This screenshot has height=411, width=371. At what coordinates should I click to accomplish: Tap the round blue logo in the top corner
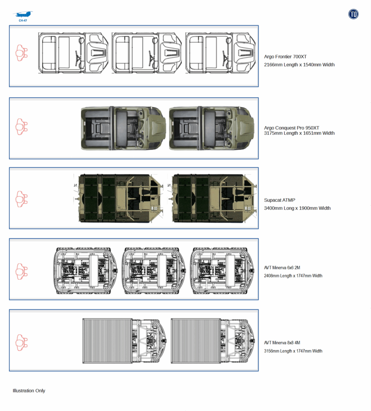click(x=353, y=14)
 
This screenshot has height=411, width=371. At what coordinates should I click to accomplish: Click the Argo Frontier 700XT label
click(x=285, y=57)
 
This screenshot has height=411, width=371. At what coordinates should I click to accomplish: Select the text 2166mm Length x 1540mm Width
click(x=299, y=65)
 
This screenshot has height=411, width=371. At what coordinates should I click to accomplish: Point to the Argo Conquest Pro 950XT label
click(x=291, y=128)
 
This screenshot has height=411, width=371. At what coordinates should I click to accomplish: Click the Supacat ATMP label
click(x=279, y=200)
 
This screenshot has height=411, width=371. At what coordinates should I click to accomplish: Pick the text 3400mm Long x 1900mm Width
click(x=297, y=208)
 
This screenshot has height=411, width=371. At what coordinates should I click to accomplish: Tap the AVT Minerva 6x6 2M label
click(x=282, y=268)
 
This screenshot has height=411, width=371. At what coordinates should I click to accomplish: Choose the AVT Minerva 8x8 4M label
click(x=282, y=343)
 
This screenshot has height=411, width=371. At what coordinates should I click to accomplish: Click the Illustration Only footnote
click(x=29, y=391)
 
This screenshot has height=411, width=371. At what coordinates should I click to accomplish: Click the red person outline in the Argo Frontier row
click(x=22, y=53)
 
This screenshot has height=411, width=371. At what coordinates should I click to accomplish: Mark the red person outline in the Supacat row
click(x=22, y=199)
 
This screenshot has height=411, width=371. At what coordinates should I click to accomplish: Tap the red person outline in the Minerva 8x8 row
click(x=22, y=343)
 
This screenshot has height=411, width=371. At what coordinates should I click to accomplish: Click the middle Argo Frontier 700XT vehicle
click(x=147, y=53)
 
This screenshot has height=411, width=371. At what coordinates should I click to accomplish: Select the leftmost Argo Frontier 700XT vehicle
click(x=73, y=53)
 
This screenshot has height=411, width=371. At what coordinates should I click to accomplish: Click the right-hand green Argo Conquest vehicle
click(x=212, y=129)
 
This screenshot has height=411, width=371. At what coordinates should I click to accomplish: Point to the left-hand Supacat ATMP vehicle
click(x=121, y=198)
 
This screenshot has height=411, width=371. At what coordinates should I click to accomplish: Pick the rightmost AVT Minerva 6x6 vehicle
click(x=222, y=271)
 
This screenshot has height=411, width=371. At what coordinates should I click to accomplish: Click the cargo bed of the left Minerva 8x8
click(x=107, y=341)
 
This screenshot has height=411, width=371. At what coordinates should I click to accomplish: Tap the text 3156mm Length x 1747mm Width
click(x=293, y=351)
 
